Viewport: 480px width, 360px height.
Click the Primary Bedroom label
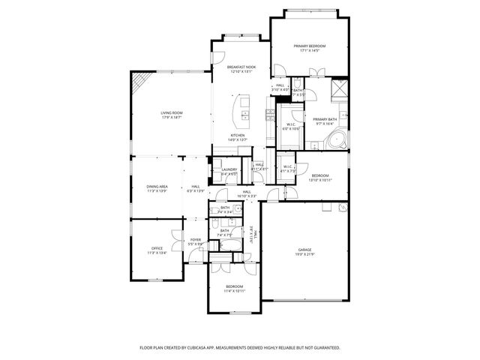click(310, 46)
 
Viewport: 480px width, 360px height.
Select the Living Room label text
click(172, 113)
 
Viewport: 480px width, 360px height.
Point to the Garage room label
click(304, 250)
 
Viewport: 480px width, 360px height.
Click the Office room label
click(156, 248)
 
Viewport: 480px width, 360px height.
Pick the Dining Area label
click(157, 186)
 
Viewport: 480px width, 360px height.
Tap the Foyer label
click(195, 240)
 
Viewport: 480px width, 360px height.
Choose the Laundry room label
click(229, 169)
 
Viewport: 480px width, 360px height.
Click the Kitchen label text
click(238, 136)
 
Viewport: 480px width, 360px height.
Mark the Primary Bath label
click(325, 119)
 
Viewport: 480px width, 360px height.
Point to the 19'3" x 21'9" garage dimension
click(304, 255)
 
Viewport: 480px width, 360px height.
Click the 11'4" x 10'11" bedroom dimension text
click(235, 291)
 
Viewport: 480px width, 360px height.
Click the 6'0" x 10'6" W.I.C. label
click(291, 128)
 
